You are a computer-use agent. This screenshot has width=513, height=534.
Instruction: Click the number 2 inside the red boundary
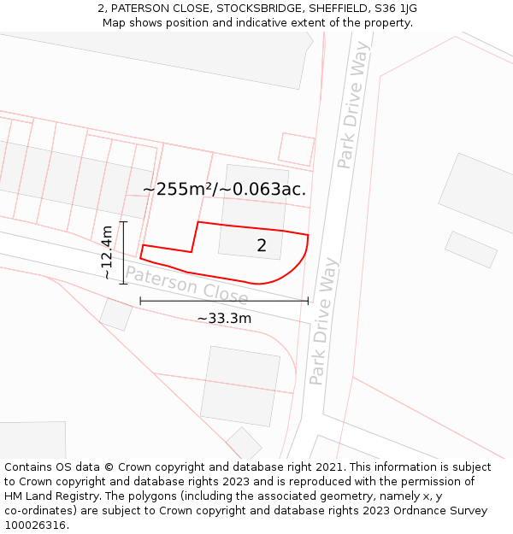[x=262, y=246]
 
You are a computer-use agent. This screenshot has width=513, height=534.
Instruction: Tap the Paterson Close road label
[x=186, y=285]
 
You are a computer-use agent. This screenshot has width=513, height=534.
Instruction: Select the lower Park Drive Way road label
[x=323, y=321]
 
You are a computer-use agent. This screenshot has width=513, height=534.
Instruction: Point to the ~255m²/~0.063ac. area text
[x=224, y=190]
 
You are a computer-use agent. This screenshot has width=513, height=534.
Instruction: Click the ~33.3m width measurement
[x=224, y=319]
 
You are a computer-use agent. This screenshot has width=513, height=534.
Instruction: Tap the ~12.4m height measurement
[x=106, y=252]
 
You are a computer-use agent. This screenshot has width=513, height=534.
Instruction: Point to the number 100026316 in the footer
[x=35, y=525]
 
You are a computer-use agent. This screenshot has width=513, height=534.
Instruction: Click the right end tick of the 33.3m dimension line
[x=308, y=301]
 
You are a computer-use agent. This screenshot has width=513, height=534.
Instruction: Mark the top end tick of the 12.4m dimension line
[x=123, y=222]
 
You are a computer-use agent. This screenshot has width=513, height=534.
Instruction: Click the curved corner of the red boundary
[x=295, y=267]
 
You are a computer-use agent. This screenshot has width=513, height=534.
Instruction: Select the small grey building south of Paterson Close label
[x=116, y=314]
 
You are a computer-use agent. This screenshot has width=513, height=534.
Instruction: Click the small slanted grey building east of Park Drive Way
[x=470, y=249]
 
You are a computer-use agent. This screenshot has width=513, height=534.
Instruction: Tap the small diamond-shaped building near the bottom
[x=245, y=443]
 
